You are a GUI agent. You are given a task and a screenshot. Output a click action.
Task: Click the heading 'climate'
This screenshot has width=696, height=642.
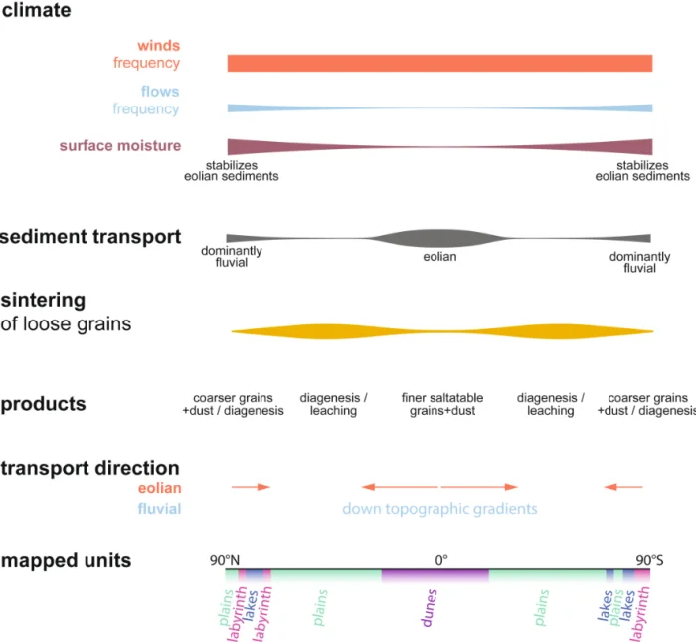pos(35,13)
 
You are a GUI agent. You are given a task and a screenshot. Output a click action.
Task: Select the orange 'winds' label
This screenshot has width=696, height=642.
pos(159,45)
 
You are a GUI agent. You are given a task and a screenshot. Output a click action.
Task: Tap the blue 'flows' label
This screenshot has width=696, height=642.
pos(160,92)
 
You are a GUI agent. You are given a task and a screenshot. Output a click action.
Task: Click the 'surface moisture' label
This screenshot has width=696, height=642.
pos(120,146)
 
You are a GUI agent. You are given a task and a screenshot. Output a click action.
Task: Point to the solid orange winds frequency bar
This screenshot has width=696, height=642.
pos(439,63)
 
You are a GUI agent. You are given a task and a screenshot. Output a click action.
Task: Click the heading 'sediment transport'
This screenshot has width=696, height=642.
pos(90,237)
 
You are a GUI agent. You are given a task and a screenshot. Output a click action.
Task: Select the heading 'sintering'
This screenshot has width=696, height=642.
pos(43,300)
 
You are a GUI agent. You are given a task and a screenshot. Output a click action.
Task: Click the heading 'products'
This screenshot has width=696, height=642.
pos(43,404)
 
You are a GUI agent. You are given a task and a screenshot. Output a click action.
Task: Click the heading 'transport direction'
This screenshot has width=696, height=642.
pos(89,468)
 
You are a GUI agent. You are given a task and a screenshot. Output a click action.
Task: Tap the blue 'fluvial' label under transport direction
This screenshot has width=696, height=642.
pos(159,509)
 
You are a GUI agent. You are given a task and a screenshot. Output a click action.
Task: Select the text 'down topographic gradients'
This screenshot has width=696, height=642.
pos(439,509)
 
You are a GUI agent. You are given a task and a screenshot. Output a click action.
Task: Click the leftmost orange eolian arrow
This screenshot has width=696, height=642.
pos(250,487)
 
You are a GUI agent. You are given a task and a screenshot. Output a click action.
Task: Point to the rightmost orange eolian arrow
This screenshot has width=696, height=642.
pos(623,487)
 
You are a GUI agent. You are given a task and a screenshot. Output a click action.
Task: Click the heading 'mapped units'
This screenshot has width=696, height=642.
pos(66,560)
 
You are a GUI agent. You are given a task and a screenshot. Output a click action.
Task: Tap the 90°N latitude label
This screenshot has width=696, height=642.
pos(225,560)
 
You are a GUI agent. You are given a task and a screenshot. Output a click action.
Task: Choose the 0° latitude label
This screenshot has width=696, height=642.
pos(441,560)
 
